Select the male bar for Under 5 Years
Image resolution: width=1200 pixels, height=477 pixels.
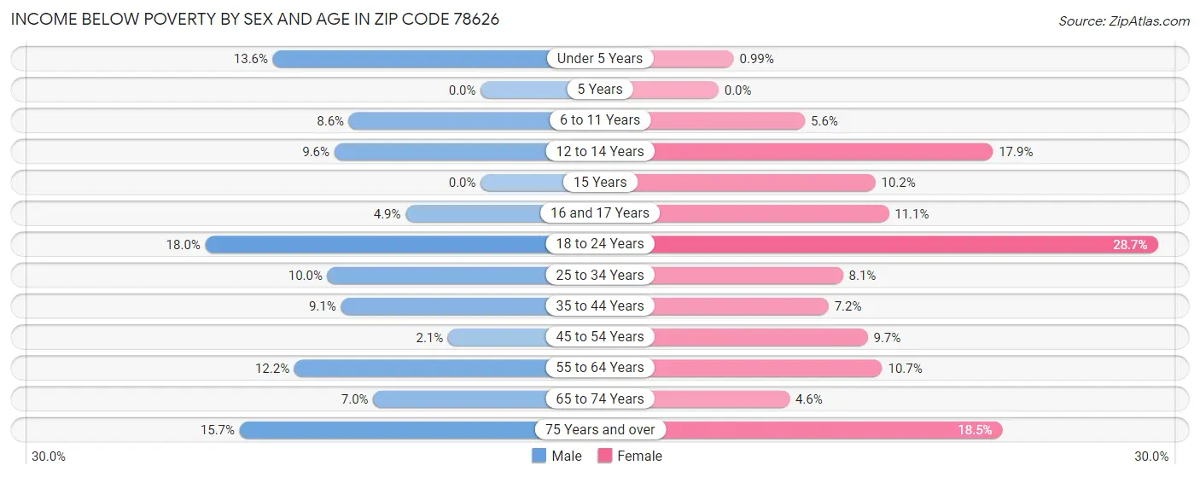pos(410,59)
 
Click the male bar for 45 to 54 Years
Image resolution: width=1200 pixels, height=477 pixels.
pos(498,337)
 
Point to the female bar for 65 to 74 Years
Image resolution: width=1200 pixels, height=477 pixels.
pos(721,398)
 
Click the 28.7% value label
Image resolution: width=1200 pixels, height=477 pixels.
pos(1130,244)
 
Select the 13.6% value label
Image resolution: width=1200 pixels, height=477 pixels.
pos(251,59)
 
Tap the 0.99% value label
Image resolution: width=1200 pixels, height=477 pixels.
pos(757,59)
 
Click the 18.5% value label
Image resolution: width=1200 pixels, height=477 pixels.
pos(975,430)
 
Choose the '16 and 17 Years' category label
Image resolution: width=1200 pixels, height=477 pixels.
pos(600,213)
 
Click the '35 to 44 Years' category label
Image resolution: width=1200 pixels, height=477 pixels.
pos(600,305)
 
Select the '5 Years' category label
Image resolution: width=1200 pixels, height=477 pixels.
pos(600,90)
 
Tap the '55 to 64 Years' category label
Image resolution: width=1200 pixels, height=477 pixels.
pos(600,368)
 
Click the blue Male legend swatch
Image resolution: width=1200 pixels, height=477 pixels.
pos(539,456)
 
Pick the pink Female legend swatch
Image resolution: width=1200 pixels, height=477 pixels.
pos(605,456)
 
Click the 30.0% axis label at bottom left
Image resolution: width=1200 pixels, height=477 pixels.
pos(49,457)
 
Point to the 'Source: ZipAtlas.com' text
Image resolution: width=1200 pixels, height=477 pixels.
pos(1123,20)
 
